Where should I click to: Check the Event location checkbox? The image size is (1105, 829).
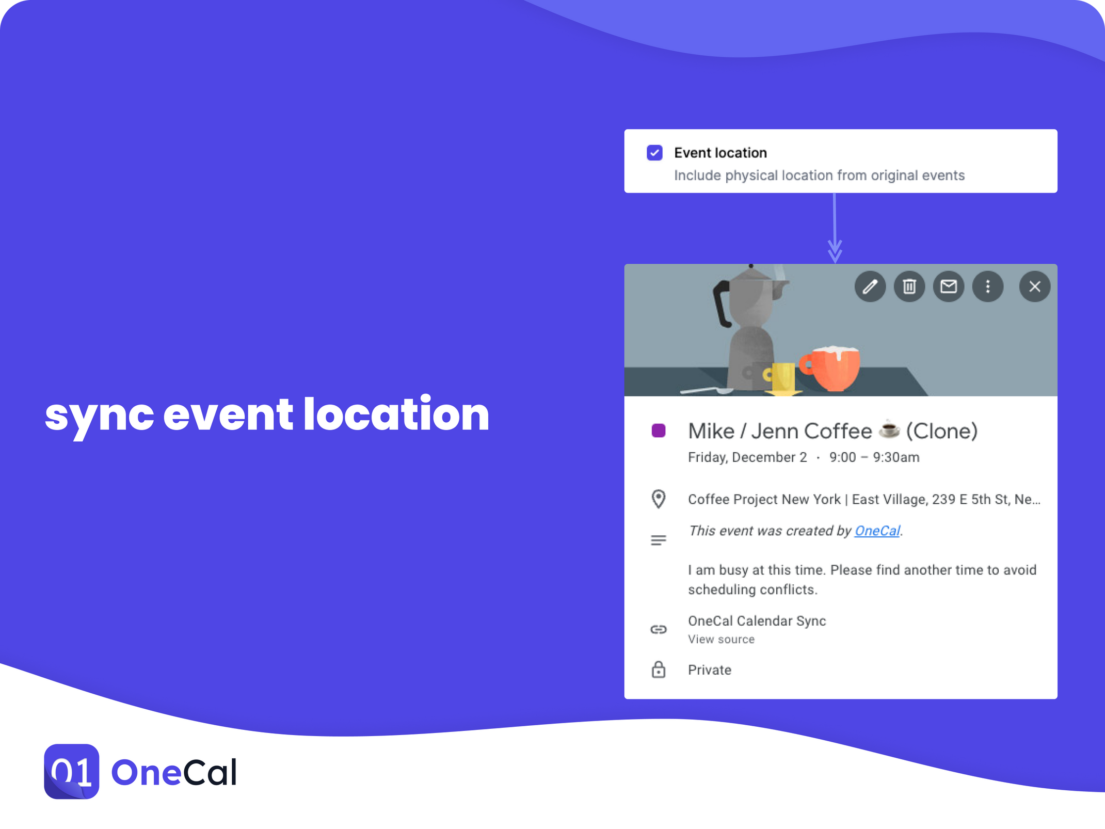point(654,153)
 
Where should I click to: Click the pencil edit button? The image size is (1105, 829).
point(870,286)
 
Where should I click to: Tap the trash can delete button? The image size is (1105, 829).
point(909,286)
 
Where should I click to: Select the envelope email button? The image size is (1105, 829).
point(949,286)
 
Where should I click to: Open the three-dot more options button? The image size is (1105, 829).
point(988,286)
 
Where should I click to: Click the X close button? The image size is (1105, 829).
point(1035,286)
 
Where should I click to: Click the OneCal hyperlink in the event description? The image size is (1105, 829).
point(877,531)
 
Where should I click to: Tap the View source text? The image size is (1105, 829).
point(721,640)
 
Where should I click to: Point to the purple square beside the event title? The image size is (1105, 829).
point(659,431)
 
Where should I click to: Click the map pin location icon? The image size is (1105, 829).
point(659,499)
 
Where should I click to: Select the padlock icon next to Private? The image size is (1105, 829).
point(659,669)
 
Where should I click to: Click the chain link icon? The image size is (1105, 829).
point(659,629)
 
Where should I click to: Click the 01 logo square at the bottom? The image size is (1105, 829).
point(72,772)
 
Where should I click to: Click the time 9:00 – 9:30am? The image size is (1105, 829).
point(874,457)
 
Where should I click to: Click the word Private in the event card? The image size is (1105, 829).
point(710,670)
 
